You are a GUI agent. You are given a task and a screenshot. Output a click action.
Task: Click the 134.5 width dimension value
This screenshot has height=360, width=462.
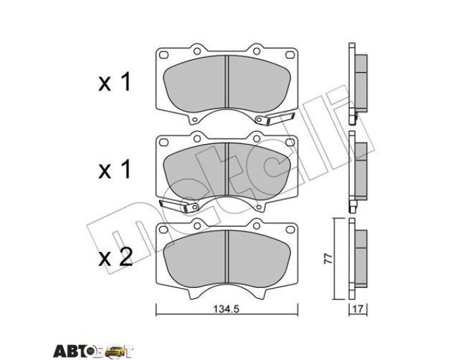pyautogui.click(x=226, y=309)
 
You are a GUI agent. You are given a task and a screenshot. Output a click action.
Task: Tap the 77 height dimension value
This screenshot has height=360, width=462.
pyautogui.click(x=328, y=258)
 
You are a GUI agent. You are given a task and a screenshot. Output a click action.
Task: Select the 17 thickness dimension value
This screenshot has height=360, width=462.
pyautogui.click(x=357, y=309)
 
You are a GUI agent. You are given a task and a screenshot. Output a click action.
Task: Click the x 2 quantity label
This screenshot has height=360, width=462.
pyautogui.click(x=115, y=257)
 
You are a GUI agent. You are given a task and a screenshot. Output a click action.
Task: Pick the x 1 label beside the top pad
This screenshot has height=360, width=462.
pyautogui.click(x=114, y=82)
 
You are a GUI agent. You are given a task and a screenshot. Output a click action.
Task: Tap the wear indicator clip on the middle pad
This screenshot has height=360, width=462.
pyautogui.click(x=179, y=206)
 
